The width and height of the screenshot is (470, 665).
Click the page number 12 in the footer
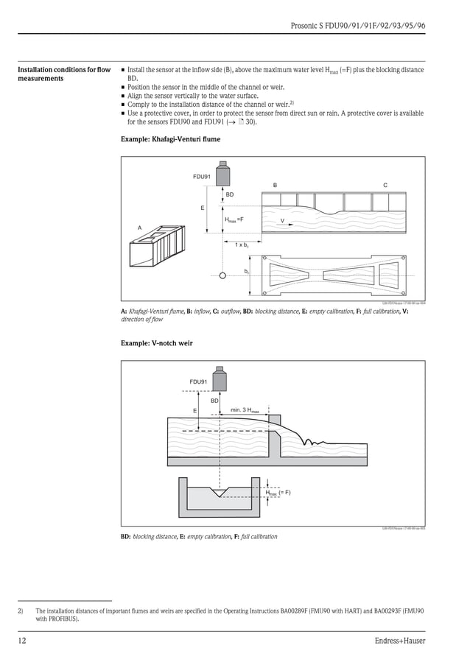(23, 641)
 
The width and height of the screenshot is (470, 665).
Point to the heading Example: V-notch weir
(157, 343)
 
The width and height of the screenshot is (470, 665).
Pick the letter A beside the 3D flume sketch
(139, 228)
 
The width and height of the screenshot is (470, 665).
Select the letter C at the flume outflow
(385, 184)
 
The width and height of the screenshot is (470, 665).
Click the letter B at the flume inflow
(275, 184)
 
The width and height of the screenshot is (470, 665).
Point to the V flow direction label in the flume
(282, 221)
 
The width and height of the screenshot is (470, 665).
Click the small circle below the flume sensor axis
(222, 276)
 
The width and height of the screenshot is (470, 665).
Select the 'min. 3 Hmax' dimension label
(245, 409)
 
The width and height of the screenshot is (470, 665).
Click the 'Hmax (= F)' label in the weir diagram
(278, 492)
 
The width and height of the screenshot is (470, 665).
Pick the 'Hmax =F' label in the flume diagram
(234, 219)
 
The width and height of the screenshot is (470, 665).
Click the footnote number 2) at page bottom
(21, 611)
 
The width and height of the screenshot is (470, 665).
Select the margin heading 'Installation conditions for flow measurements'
(64, 74)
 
